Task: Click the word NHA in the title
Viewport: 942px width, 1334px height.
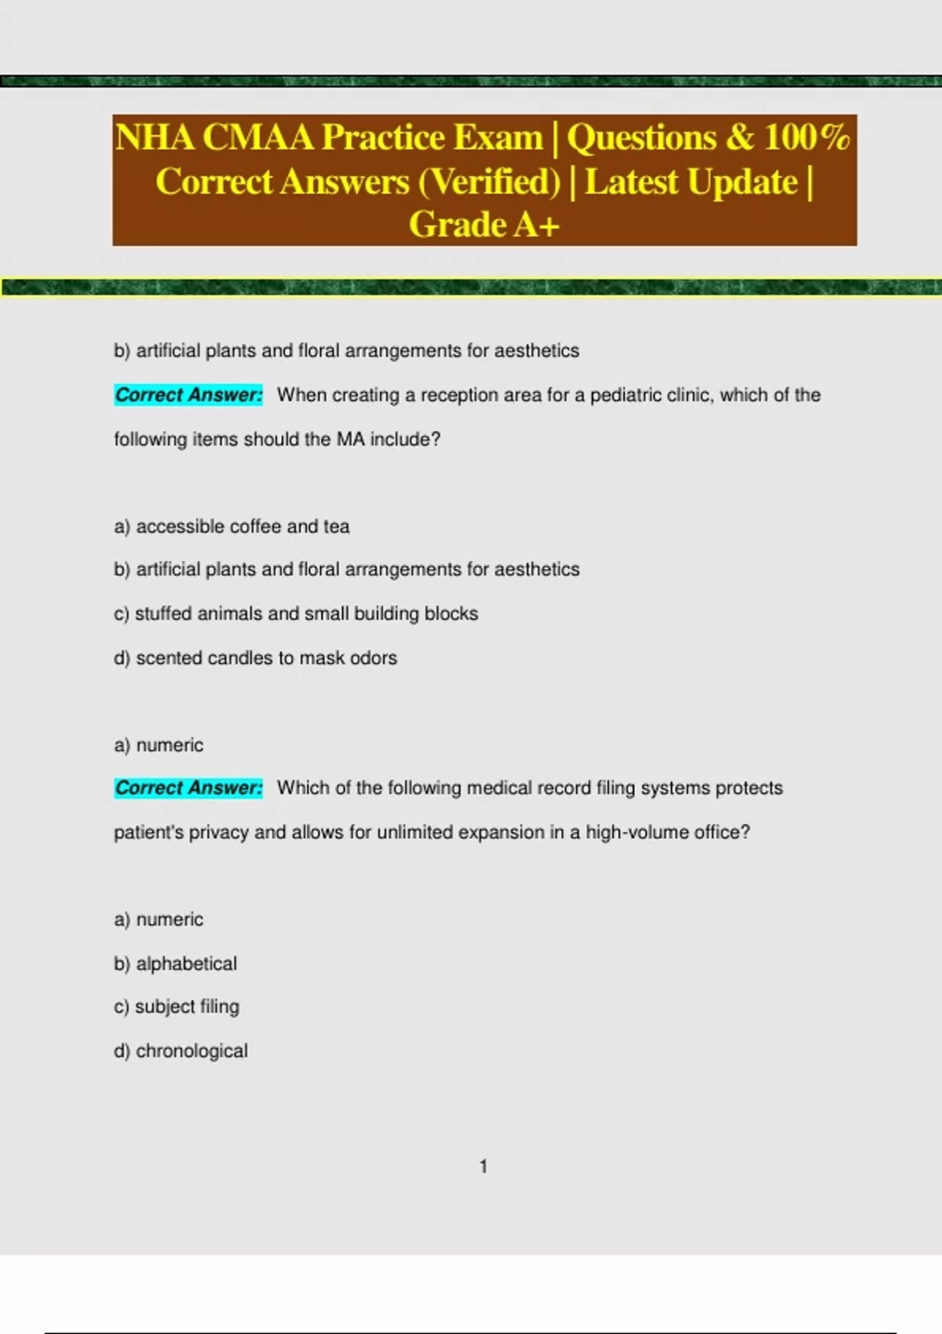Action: pos(155,137)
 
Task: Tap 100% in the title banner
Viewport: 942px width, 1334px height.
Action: pos(807,137)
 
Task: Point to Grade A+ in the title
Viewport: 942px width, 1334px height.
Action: pos(484,225)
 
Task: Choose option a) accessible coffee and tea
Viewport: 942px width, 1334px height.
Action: pos(232,527)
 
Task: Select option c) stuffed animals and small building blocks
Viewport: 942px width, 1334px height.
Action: pos(296,614)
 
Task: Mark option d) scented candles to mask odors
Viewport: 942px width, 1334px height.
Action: pos(255,658)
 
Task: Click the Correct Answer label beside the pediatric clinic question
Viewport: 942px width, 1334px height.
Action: pos(188,395)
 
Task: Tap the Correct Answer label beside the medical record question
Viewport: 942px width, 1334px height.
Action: pos(188,788)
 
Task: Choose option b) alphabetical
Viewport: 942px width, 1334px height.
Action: pos(175,964)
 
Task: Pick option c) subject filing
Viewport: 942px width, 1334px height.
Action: pos(177,1007)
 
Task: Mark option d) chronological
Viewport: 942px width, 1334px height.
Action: pos(181,1051)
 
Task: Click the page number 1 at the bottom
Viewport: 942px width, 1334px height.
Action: pos(484,1167)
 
